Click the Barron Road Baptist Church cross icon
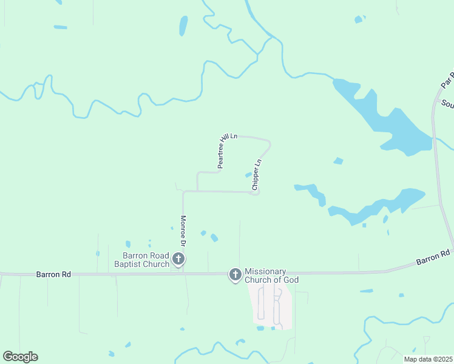coord(178,259)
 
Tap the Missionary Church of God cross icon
coord(235,275)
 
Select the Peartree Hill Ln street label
coord(222,151)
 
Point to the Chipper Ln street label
coord(256,175)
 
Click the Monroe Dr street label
coord(182,231)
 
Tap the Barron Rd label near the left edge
coord(53,274)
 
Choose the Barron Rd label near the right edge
coord(433,257)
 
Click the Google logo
coord(20,357)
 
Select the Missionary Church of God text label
coord(272,275)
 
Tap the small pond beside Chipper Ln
coord(248,175)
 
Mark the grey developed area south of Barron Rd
coord(271,306)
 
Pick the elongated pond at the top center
coord(183,25)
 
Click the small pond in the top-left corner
coord(60,27)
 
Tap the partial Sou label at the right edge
coord(447,104)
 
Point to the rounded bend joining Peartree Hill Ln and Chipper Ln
coord(267,143)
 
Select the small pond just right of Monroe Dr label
coord(204,232)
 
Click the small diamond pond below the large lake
coord(338,161)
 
